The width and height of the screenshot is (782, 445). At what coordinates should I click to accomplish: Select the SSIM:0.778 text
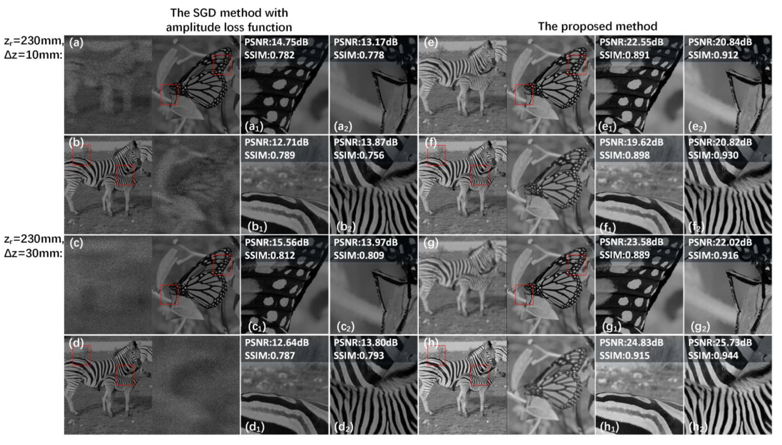coord(359,55)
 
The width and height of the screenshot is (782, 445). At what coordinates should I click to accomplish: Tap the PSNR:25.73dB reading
coord(720,343)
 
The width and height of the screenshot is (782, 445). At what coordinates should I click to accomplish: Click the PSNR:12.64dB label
coord(276,343)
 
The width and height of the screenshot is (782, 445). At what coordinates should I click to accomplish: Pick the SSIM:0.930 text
coord(713,155)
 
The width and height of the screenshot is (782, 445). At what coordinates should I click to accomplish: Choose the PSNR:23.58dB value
coord(631,242)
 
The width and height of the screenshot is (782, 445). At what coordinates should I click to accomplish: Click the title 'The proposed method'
coord(598,26)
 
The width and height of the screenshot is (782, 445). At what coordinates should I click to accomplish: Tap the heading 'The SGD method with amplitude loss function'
coord(229,20)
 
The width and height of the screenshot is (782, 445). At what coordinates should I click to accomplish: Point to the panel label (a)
coord(76,43)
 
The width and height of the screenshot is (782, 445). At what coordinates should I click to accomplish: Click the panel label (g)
coord(431,243)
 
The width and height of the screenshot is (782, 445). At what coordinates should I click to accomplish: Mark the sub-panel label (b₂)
coord(346,227)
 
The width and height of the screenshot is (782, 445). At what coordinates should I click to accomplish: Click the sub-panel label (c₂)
coord(346,327)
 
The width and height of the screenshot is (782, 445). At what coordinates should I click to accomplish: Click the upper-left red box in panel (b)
coord(82,155)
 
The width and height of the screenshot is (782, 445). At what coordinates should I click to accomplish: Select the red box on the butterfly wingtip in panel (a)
coord(222,65)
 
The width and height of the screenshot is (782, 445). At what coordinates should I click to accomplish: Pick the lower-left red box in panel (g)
coord(524,295)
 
